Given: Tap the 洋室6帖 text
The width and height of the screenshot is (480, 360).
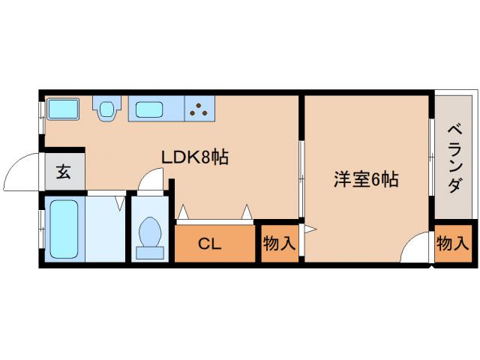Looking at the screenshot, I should pos(365,179).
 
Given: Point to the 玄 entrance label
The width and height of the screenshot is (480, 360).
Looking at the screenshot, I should pos(64,172).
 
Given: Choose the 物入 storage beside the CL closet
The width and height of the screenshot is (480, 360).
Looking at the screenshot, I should pos(280,243).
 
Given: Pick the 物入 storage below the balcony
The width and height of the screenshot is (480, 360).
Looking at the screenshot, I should pos(453,243).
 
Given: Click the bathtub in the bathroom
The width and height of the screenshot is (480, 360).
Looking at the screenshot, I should pos(62,227).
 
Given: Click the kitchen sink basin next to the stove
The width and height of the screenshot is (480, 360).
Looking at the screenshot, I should pos(155,109).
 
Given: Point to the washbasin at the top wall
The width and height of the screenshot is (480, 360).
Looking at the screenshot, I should pos(107,109).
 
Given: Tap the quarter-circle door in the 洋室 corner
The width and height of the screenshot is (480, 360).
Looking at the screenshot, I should pos(416,250).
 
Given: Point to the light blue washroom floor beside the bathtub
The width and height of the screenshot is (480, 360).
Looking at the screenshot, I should pos(104,229).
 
